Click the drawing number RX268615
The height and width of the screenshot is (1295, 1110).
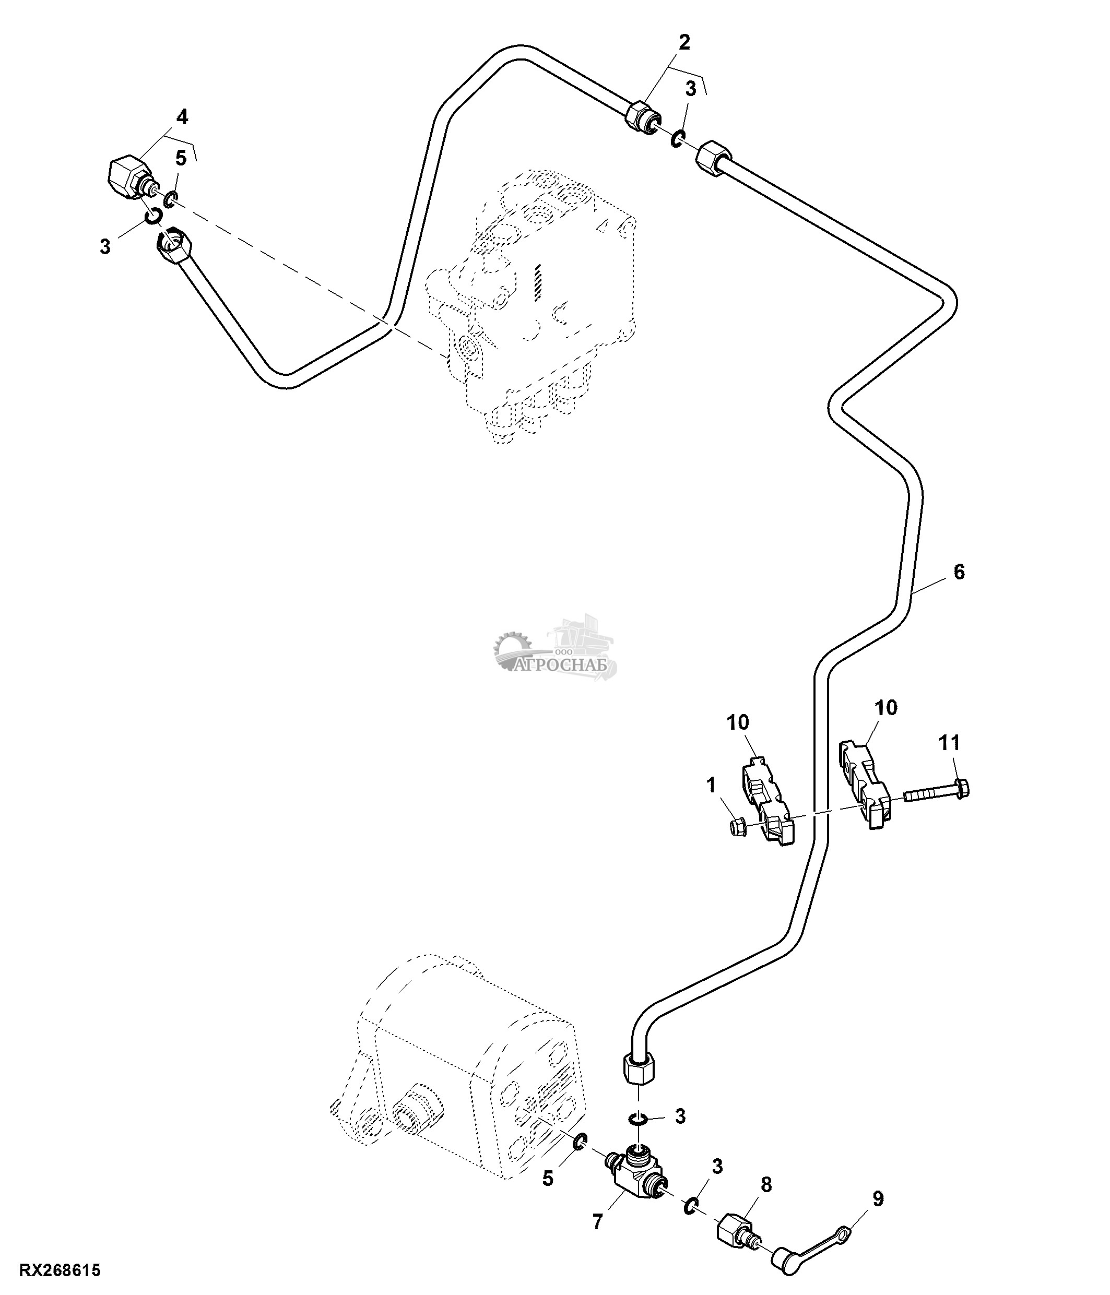pyautogui.click(x=60, y=1270)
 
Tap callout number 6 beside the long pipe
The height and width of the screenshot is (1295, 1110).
pyautogui.click(x=959, y=572)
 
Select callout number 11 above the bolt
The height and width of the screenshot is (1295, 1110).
pyautogui.click(x=949, y=743)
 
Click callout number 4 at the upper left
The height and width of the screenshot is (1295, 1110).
pyautogui.click(x=182, y=117)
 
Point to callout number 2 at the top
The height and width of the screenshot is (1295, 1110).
pyautogui.click(x=684, y=42)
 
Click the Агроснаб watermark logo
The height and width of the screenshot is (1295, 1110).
pyautogui.click(x=554, y=650)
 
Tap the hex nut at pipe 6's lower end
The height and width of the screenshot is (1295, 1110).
pyautogui.click(x=639, y=1074)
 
